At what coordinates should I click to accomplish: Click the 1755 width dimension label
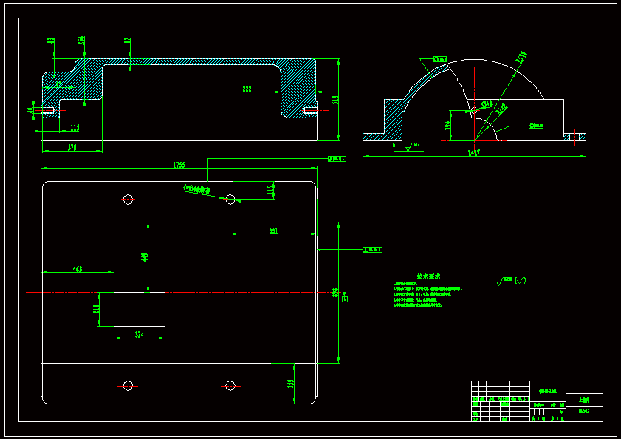[179, 165]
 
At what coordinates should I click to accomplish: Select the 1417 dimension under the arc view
[473, 152]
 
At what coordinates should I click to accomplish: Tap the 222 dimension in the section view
[247, 89]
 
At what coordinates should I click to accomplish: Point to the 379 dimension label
[72, 147]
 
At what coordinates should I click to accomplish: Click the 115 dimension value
[75, 128]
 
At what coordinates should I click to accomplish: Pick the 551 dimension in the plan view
[273, 231]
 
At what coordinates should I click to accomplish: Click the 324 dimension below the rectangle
[139, 335]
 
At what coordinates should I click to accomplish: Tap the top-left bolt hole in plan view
[128, 199]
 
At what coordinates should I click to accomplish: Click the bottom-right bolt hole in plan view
[230, 385]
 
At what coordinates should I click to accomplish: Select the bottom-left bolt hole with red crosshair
[128, 385]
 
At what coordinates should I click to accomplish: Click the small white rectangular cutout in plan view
[139, 309]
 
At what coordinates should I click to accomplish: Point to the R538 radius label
[521, 56]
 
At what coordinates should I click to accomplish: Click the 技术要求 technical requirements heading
[429, 276]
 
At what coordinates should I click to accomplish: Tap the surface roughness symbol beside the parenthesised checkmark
[505, 281]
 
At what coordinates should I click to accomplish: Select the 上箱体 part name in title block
[584, 398]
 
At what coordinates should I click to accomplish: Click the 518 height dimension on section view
[334, 99]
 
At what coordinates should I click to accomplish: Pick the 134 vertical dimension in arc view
[447, 126]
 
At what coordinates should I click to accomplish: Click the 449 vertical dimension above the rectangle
[145, 256]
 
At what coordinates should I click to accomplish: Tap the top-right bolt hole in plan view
[230, 199]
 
